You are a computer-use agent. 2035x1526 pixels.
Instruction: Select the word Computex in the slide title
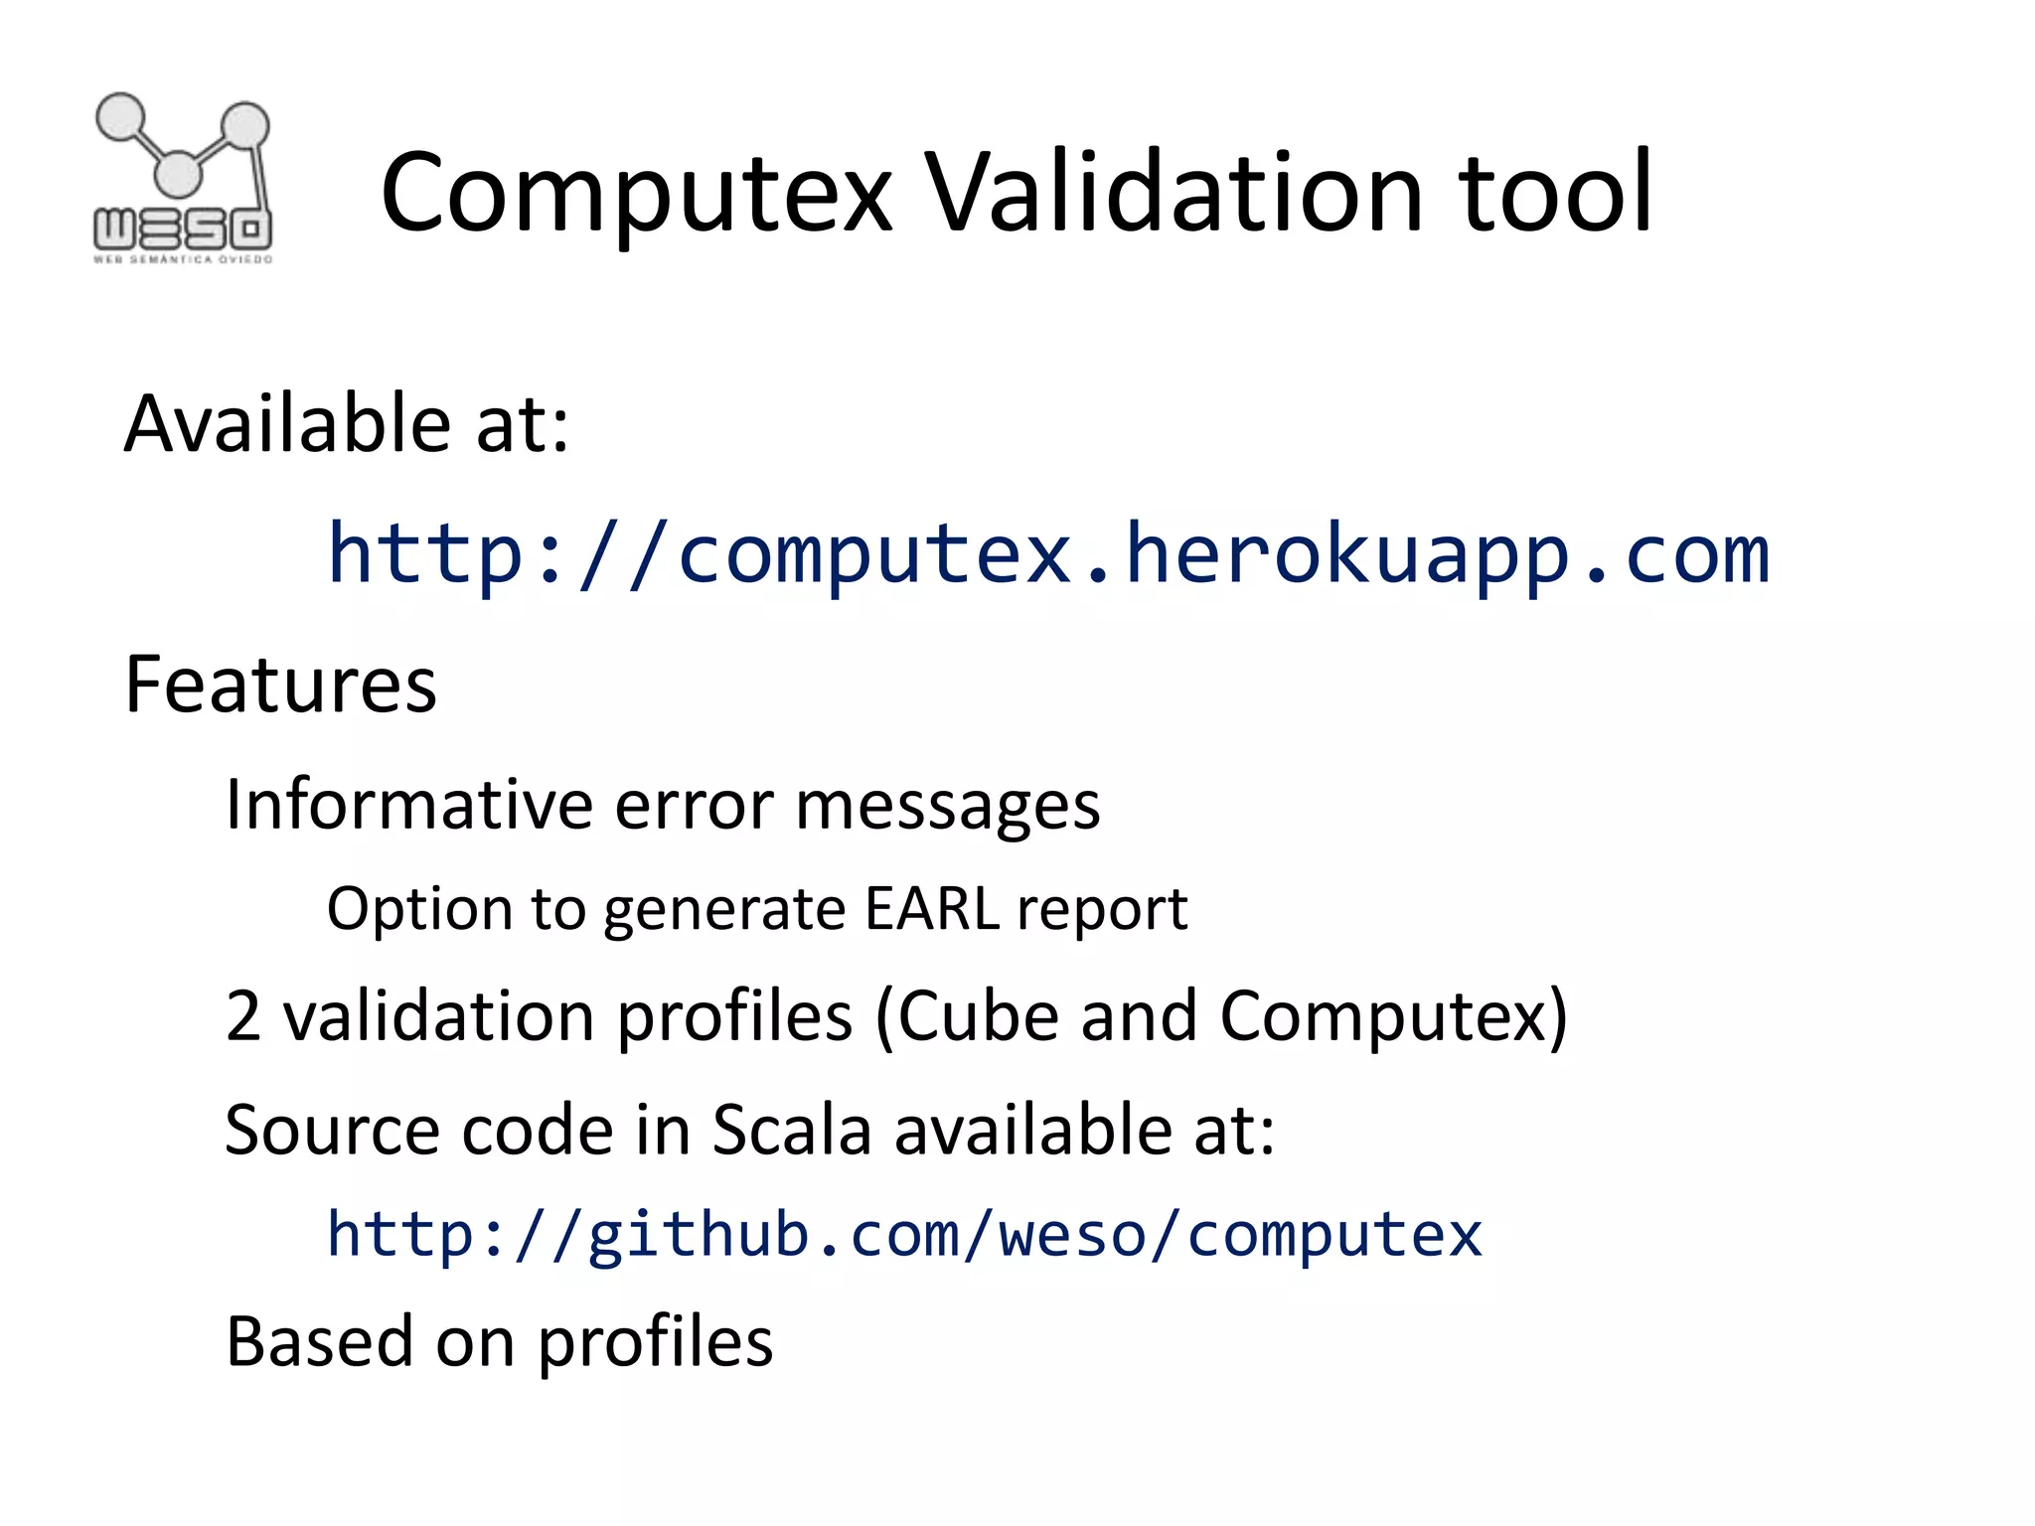point(636,194)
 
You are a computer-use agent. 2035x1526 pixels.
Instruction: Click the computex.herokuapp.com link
point(1048,553)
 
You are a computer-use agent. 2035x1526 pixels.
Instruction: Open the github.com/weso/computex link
point(904,1235)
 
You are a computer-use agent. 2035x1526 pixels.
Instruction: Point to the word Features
point(280,685)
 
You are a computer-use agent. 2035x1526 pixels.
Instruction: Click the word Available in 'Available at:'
point(288,424)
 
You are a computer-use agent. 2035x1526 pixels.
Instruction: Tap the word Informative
point(407,804)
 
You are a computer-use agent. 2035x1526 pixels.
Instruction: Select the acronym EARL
point(932,909)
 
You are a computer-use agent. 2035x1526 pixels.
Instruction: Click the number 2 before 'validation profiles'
point(243,1016)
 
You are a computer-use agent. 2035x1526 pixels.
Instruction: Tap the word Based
point(319,1341)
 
